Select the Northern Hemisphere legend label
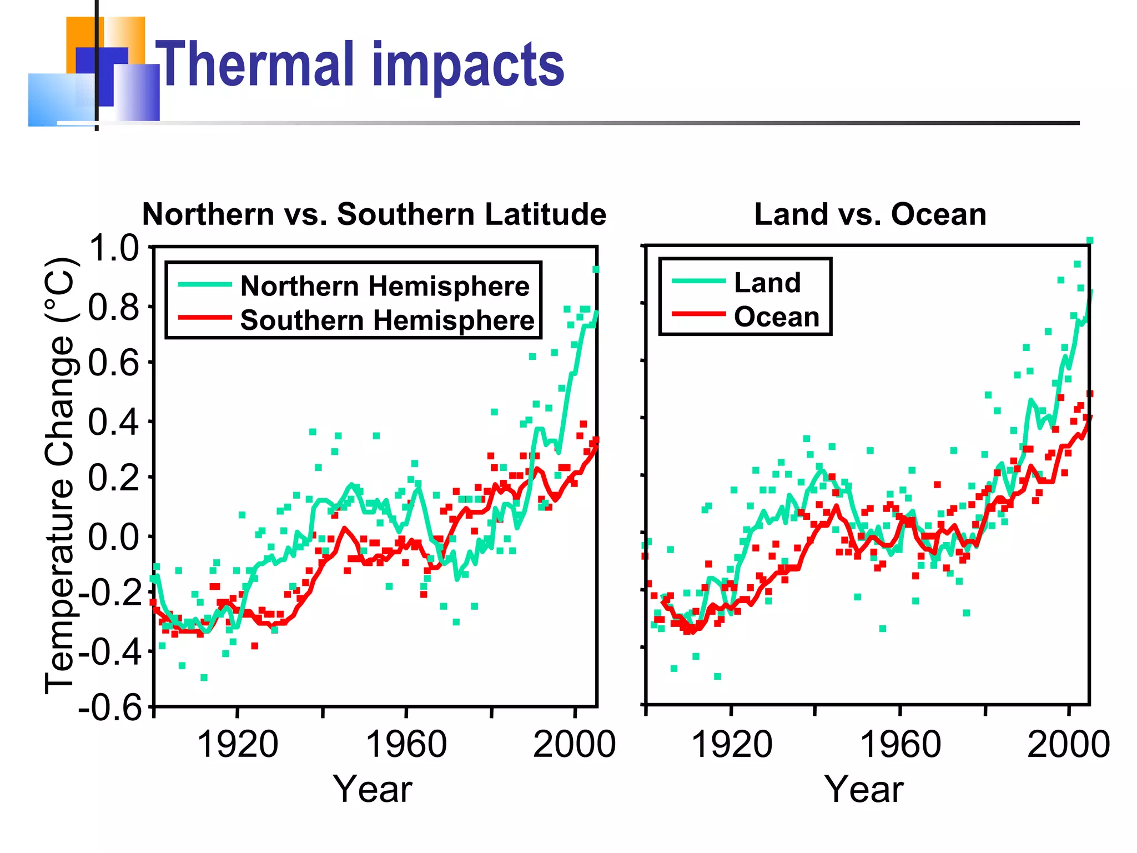(x=385, y=287)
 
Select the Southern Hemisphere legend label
(x=387, y=320)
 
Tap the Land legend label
(x=767, y=283)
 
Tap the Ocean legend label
(x=776, y=317)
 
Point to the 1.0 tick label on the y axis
(x=114, y=248)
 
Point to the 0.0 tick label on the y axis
(x=114, y=537)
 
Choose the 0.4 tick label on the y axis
(x=114, y=422)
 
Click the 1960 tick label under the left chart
(x=406, y=744)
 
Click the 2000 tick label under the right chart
(x=1068, y=744)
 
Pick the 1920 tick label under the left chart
(x=237, y=744)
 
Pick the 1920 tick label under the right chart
(x=731, y=744)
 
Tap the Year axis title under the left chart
(x=373, y=789)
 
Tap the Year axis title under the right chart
(x=863, y=789)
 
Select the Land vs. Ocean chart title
(x=870, y=214)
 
